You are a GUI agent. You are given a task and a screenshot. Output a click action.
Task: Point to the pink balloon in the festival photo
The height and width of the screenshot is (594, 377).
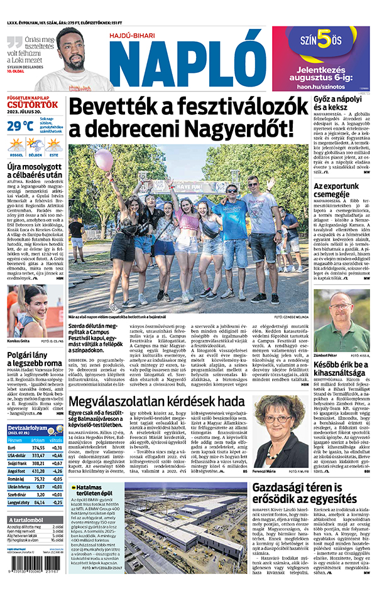coord(104,158)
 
